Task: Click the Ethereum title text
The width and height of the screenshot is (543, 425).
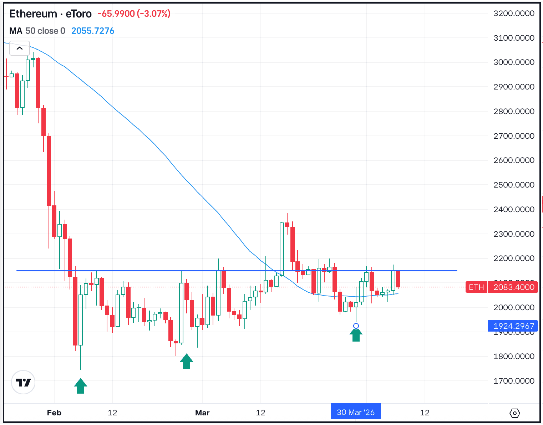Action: [33, 14]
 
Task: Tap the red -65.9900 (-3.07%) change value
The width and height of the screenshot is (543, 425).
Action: [134, 14]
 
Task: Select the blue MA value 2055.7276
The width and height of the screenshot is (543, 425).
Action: [93, 31]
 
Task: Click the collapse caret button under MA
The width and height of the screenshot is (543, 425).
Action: [20, 48]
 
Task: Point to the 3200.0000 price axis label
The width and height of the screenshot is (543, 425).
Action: [514, 14]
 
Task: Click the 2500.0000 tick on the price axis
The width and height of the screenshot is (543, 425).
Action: [514, 185]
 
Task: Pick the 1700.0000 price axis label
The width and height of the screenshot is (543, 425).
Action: [514, 381]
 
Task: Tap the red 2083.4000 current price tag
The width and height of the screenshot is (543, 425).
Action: [514, 287]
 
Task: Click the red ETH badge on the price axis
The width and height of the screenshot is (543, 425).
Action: [476, 287]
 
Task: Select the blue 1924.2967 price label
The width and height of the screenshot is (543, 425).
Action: [514, 326]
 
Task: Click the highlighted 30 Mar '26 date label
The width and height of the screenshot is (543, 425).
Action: [356, 413]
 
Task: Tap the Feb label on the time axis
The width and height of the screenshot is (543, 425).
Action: [54, 413]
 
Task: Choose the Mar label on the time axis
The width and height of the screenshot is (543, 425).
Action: [202, 413]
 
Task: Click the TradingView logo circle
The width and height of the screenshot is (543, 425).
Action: [23, 383]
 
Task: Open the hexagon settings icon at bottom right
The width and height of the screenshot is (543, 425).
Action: [515, 413]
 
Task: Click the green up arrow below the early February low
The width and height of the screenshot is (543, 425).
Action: [81, 386]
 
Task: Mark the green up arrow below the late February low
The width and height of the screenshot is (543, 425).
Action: [187, 362]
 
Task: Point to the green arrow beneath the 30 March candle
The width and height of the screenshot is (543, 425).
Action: [356, 335]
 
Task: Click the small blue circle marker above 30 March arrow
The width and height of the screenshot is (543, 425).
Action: [356, 326]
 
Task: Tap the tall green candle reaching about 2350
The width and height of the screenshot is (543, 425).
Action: [282, 250]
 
